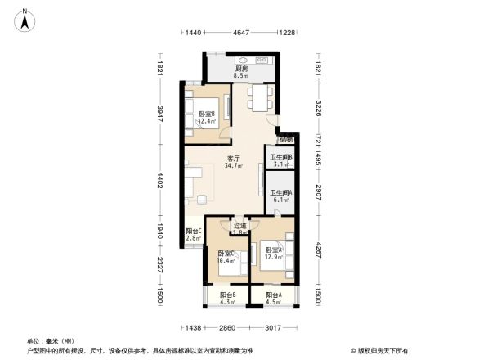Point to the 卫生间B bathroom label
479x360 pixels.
[282, 160]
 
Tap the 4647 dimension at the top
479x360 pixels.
[241, 33]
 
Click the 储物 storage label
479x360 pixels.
[287, 140]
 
